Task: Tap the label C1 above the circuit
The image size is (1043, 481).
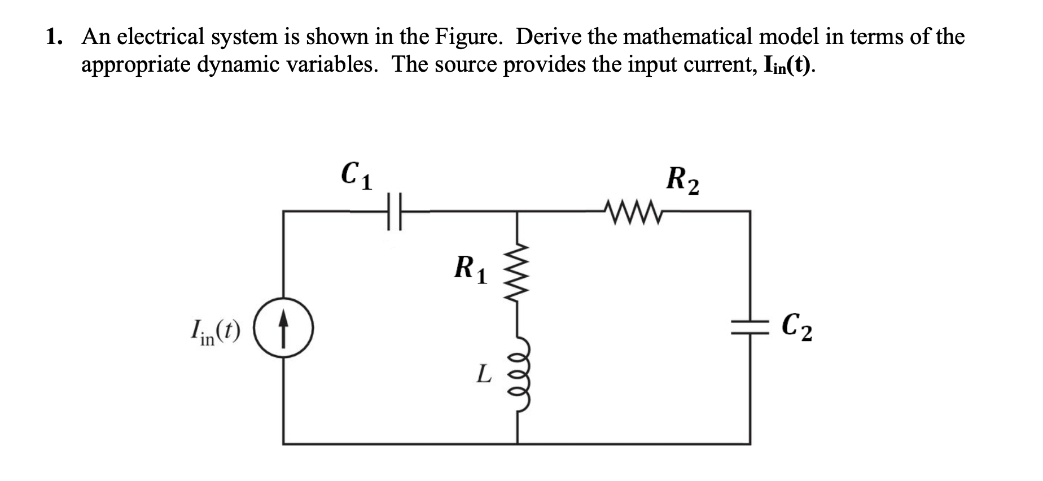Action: tap(357, 176)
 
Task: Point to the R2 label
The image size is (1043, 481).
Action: tap(682, 180)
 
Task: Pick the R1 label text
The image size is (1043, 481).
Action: tap(471, 269)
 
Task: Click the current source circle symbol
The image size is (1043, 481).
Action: tap(283, 327)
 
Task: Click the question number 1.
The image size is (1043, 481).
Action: tap(54, 37)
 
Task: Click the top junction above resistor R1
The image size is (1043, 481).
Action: tap(518, 211)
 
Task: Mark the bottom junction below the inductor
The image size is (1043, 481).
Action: tap(518, 444)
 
